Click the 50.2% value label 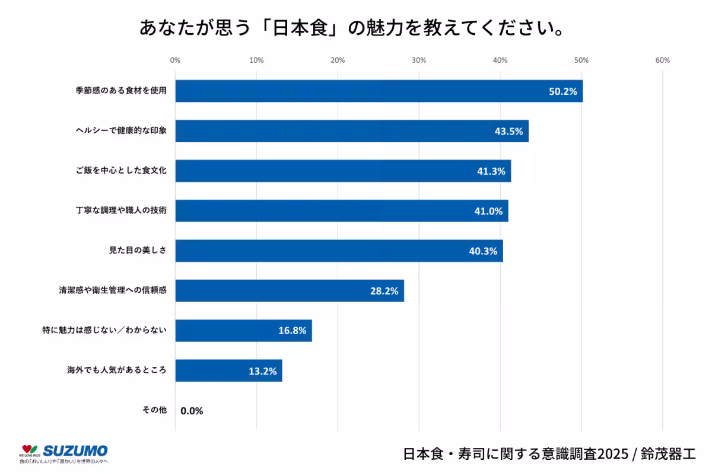[562, 91]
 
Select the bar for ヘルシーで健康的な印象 [351, 131]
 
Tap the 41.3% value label [491, 171]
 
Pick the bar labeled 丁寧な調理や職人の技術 [341, 211]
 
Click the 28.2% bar [289, 291]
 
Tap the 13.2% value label [262, 371]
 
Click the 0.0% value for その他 [192, 411]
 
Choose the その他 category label [154, 410]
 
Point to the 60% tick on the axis [662, 60]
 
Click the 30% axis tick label [419, 60]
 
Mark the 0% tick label [175, 60]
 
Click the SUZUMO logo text [75, 450]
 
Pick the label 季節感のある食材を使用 [121, 91]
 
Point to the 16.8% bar [243, 331]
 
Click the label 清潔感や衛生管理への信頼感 [113, 291]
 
